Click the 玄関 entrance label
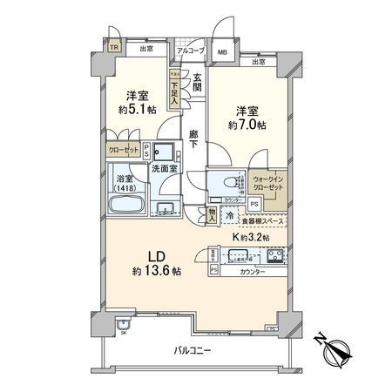tap(198, 84)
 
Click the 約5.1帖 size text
tap(136, 110)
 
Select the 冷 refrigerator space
tap(229, 214)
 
